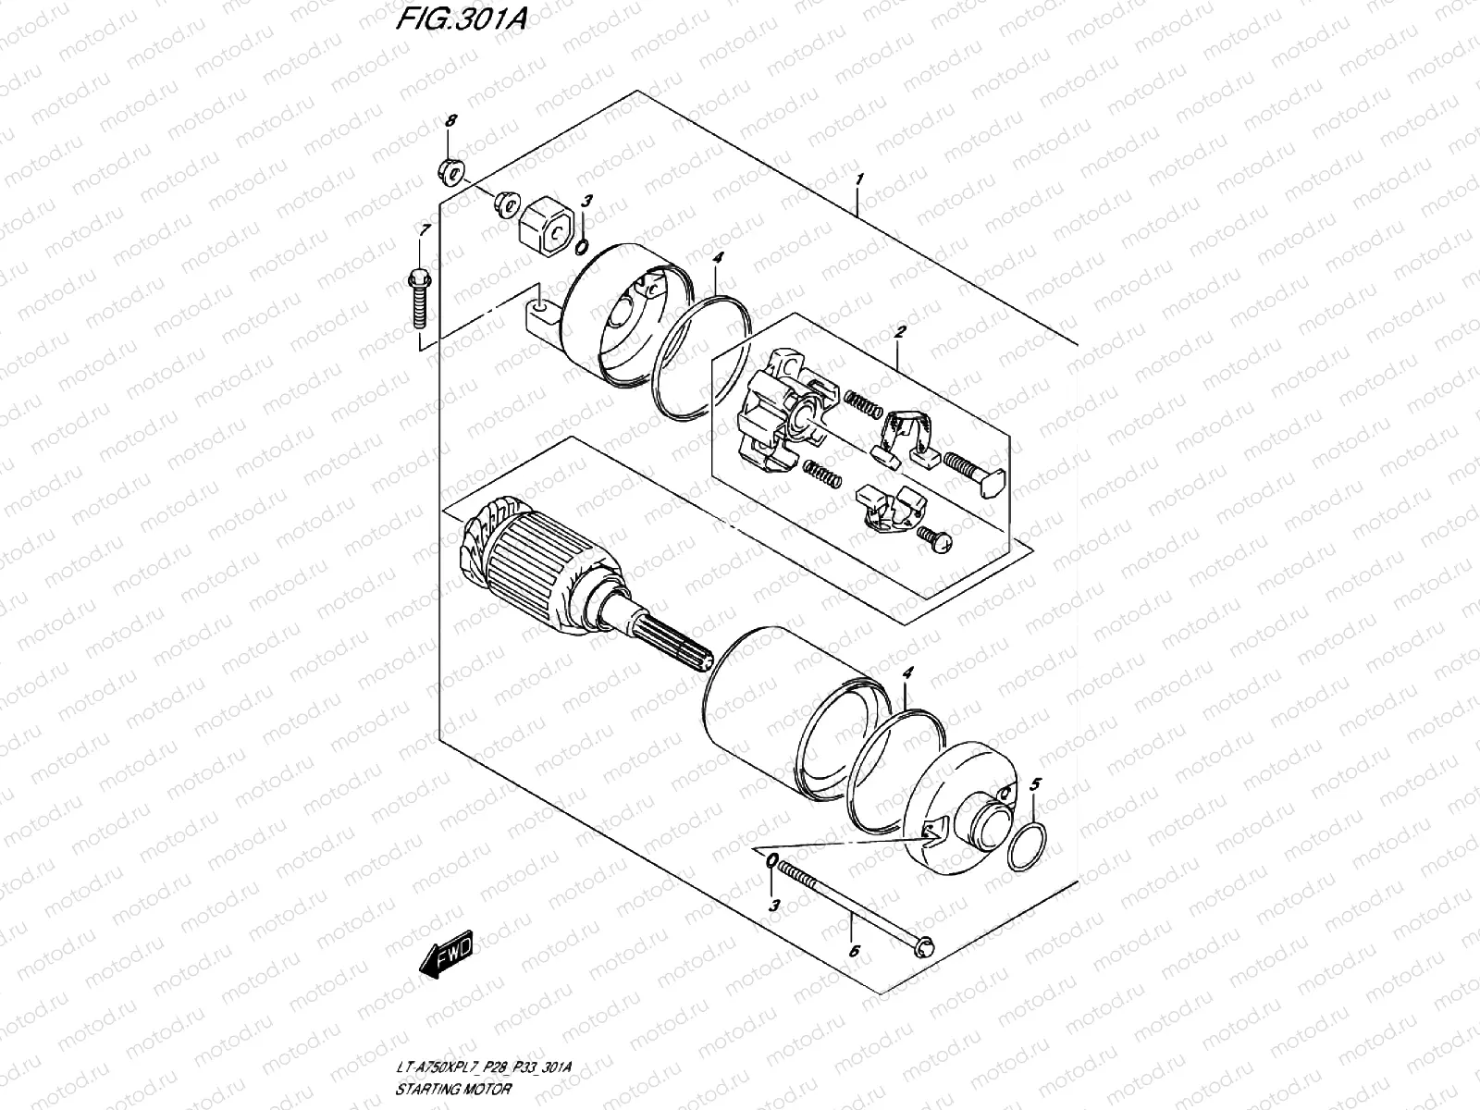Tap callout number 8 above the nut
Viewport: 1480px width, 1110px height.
coord(451,122)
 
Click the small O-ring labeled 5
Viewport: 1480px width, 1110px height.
coord(1029,847)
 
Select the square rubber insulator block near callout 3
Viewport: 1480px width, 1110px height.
coord(545,234)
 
